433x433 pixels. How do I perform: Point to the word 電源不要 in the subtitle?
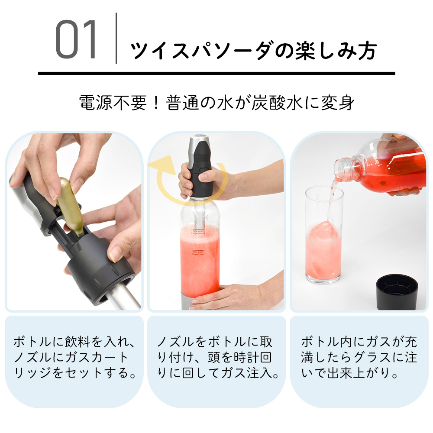113,104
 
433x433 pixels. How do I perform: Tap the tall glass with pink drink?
323,242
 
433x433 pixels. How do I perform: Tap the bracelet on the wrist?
259,293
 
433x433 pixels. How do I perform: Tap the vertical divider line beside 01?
116,39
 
